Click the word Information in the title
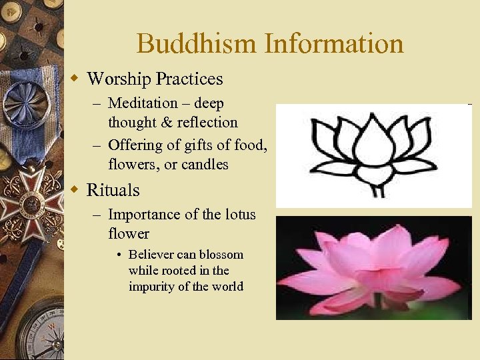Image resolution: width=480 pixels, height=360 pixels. (x=334, y=44)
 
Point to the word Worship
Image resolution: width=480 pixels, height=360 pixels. (x=118, y=79)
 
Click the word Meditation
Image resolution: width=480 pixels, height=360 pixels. (x=143, y=103)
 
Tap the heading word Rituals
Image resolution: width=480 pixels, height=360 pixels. (x=113, y=190)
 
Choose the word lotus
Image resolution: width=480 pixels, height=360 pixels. (x=238, y=215)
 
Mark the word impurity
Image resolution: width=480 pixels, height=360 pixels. (x=155, y=287)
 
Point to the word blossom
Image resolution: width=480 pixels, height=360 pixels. (x=222, y=255)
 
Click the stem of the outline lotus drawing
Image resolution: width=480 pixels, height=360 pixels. (x=378, y=190)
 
